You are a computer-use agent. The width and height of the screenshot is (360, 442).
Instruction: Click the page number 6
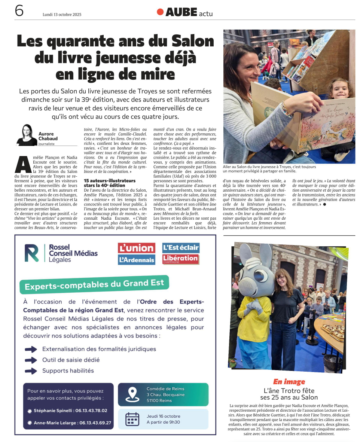click(x=19, y=11)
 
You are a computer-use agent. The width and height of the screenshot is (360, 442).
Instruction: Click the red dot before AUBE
click(x=160, y=12)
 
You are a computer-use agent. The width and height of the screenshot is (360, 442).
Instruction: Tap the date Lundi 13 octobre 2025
click(x=62, y=15)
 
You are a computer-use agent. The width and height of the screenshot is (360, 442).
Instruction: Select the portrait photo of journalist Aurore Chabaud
click(x=27, y=135)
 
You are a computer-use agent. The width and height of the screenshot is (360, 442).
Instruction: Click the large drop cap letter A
click(x=23, y=162)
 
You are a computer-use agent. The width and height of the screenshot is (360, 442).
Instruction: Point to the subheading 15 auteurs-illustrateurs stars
click(x=109, y=183)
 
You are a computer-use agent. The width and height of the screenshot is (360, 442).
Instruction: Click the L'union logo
click(x=136, y=248)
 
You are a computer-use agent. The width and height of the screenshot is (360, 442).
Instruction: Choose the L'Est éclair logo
click(x=181, y=247)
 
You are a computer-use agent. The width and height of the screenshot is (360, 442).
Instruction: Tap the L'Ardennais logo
click(x=136, y=259)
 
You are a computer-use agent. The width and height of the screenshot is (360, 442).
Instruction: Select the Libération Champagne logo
click(x=180, y=259)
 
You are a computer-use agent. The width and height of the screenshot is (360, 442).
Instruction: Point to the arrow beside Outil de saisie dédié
click(x=31, y=360)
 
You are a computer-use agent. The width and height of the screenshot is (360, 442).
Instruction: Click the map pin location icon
click(x=132, y=394)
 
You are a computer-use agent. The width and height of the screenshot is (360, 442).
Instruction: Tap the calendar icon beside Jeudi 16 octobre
click(x=132, y=419)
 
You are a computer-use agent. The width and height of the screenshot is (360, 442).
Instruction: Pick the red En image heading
click(x=289, y=382)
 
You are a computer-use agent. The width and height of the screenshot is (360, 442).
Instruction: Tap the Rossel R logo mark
click(x=32, y=253)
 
